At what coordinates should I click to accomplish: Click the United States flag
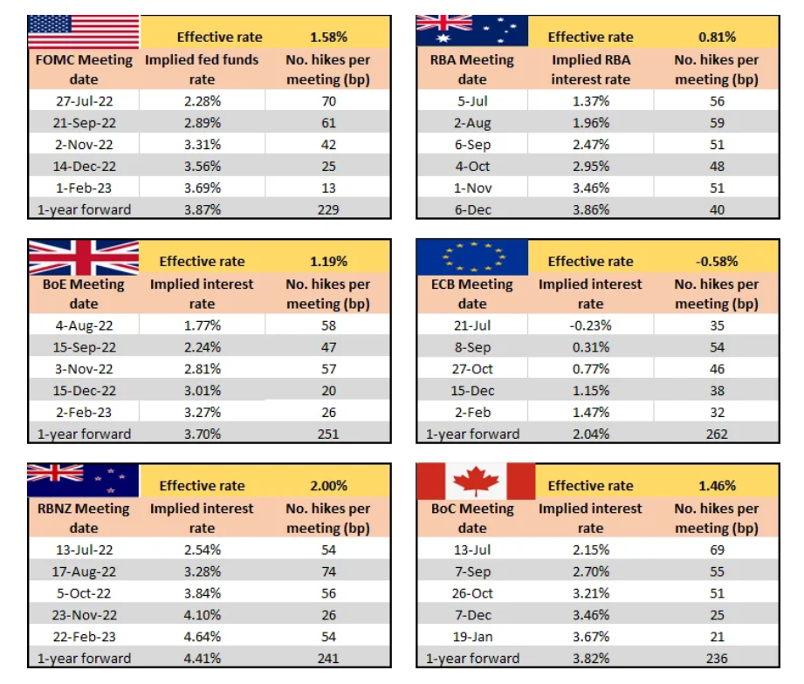coord(83,32)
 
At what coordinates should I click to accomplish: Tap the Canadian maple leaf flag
coord(476,481)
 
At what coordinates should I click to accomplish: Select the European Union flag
coord(472,256)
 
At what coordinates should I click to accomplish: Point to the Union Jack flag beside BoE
coord(83,256)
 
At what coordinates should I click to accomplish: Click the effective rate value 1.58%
coord(328,37)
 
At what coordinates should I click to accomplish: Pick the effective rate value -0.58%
coord(717,261)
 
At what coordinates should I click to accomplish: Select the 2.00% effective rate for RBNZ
coord(328,486)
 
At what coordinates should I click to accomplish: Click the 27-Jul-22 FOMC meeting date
coord(84,101)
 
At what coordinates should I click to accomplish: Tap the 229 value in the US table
coord(328,209)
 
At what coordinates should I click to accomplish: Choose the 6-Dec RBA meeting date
coord(472,209)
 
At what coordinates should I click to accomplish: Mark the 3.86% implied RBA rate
coord(590,209)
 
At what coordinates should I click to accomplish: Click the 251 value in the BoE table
coord(328,434)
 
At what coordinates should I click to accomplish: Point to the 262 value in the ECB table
coord(717,434)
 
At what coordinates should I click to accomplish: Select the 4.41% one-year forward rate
coord(202,658)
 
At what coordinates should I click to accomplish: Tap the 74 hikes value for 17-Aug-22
coord(328,571)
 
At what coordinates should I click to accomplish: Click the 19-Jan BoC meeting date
coord(472,636)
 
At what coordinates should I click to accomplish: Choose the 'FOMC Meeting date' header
coord(84,70)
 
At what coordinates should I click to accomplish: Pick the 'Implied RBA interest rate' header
coord(590,70)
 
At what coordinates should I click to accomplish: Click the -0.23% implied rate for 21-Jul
coord(590,325)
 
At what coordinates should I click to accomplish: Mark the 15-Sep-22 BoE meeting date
coord(84,347)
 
